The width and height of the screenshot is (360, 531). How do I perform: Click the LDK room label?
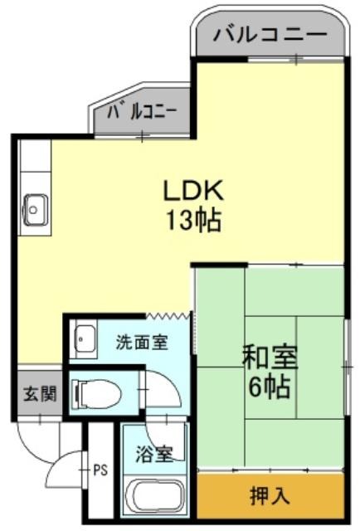click(193, 190)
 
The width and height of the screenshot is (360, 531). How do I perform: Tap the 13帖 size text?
click(193, 220)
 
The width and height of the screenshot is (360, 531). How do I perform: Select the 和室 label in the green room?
click(270, 357)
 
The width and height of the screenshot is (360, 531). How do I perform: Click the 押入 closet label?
click(270, 495)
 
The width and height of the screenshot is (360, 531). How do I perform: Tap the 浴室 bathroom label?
click(154, 454)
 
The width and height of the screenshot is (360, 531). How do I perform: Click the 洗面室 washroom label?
click(142, 342)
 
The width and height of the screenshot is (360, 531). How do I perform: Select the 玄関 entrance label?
click(40, 393)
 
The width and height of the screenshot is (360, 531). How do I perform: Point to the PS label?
click(100, 470)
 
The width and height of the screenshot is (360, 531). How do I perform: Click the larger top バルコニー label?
click(270, 34)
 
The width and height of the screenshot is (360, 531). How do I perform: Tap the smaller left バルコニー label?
click(142, 111)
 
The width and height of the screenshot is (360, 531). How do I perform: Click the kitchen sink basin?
click(35, 210)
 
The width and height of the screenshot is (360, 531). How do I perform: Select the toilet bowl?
click(97, 393)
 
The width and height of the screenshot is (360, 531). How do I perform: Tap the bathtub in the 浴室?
click(154, 498)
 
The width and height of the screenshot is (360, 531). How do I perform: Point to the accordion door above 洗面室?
click(168, 316)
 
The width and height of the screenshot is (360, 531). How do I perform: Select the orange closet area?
click(270, 495)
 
